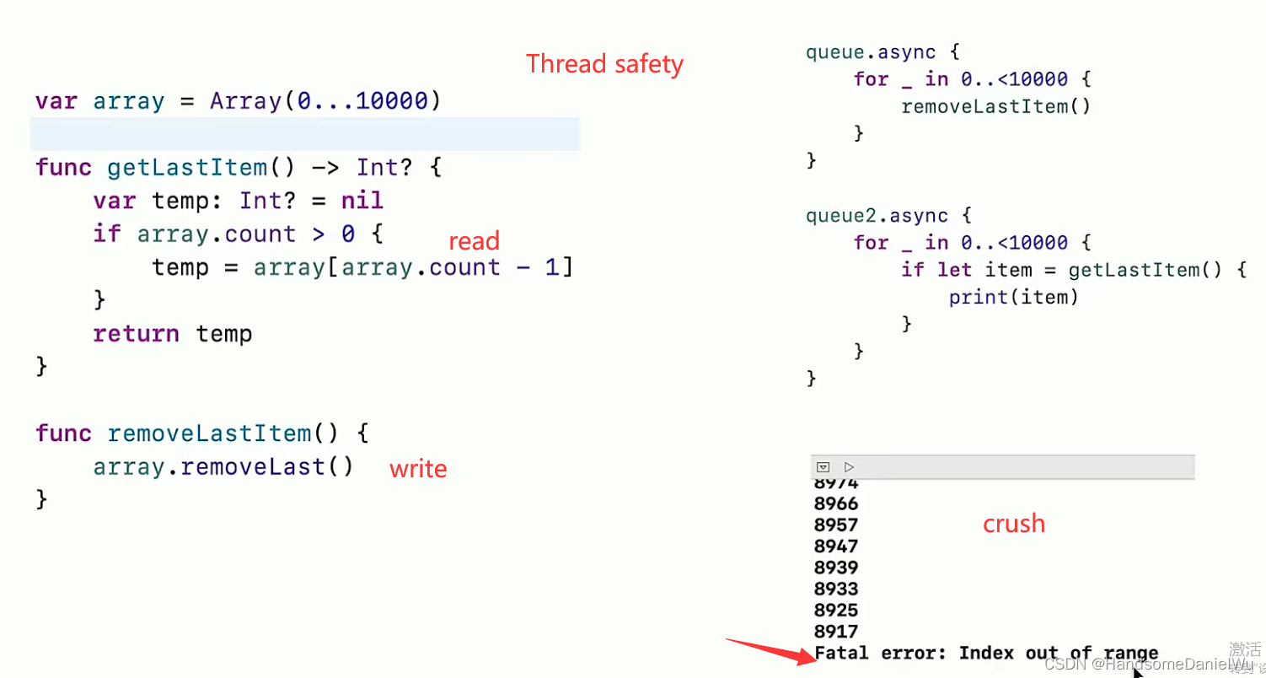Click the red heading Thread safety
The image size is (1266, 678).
click(604, 64)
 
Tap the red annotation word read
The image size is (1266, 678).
click(474, 241)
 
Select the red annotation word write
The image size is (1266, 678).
click(418, 469)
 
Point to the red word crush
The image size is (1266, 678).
click(1013, 524)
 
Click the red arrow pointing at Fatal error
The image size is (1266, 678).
click(768, 651)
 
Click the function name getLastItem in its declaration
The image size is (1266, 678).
click(187, 168)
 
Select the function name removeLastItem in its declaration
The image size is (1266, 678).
click(209, 433)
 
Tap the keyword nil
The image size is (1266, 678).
click(362, 201)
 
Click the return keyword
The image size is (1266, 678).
click(136, 334)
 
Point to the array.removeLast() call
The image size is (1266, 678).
click(223, 467)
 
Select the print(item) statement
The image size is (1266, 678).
click(1013, 297)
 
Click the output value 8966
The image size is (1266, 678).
click(836, 504)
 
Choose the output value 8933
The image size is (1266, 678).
click(836, 589)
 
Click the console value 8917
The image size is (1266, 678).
click(836, 632)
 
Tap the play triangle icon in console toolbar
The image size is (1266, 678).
click(850, 466)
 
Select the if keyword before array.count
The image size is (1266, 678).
click(106, 234)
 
